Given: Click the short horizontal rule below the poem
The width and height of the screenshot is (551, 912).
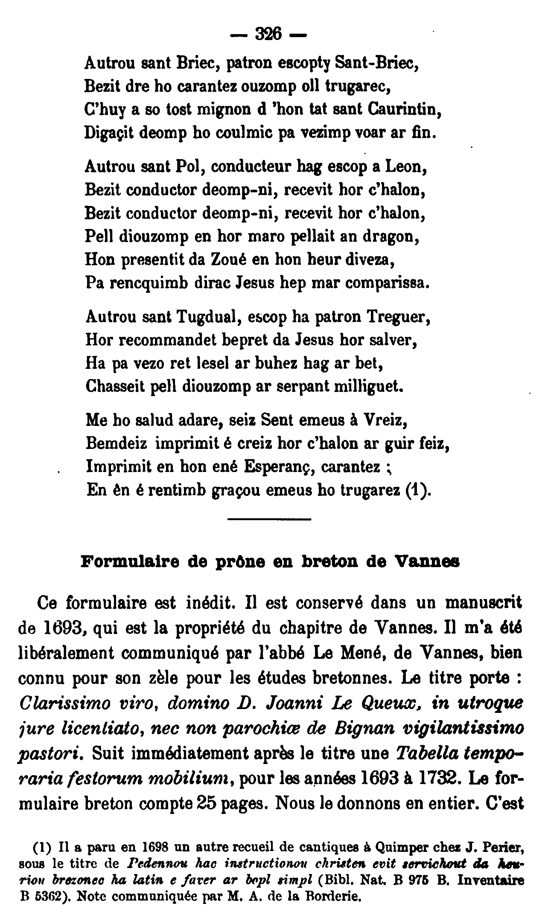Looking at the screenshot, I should [x=269, y=519].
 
